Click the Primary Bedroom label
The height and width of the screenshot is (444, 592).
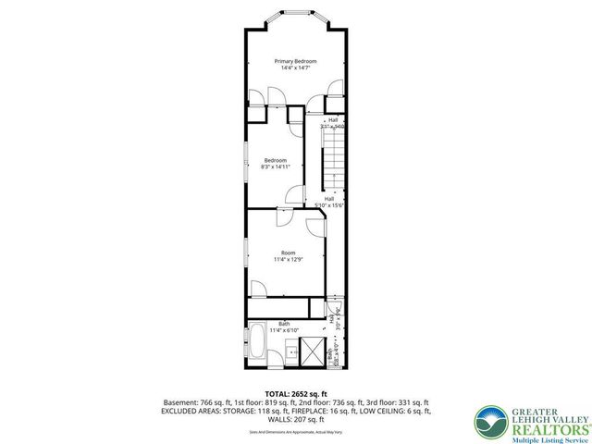(295, 61)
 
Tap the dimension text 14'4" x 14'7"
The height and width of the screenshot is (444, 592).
(295, 68)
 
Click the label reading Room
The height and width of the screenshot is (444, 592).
(288, 253)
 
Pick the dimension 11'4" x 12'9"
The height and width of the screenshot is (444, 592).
(288, 260)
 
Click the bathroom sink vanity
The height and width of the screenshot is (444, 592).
(289, 351)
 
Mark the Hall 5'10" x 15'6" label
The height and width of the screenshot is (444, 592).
(329, 202)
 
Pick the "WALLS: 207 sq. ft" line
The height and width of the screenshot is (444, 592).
(295, 419)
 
